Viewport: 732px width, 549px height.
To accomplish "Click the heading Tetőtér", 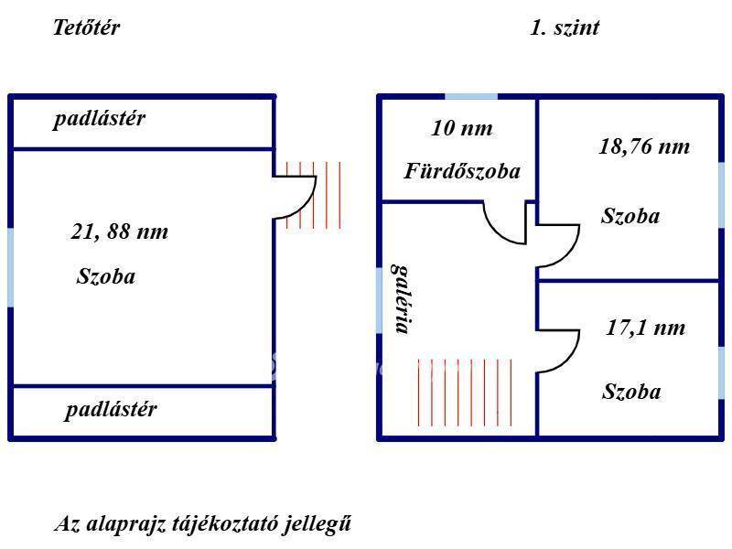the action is pyautogui.click(x=86, y=27).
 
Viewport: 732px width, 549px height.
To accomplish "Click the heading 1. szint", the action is pyautogui.click(x=565, y=27).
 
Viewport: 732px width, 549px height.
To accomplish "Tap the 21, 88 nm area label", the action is pyautogui.click(x=120, y=231).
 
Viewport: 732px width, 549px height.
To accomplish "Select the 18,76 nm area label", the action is pyautogui.click(x=644, y=146).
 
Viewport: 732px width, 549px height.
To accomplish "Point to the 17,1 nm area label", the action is pyautogui.click(x=646, y=328).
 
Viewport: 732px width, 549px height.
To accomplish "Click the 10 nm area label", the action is pyautogui.click(x=462, y=128).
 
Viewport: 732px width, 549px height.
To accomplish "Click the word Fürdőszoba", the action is pyautogui.click(x=462, y=171).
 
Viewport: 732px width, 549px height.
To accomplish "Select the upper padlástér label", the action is pyautogui.click(x=99, y=119).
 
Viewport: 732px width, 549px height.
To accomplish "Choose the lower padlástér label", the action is pyautogui.click(x=111, y=410).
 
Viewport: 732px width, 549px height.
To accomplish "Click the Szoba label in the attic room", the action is pyautogui.click(x=106, y=276).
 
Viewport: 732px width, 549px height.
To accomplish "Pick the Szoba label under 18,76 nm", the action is pyautogui.click(x=630, y=216).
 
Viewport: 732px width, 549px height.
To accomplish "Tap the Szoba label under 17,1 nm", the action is pyautogui.click(x=631, y=392).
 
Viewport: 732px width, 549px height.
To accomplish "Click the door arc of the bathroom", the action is pyautogui.click(x=496, y=232).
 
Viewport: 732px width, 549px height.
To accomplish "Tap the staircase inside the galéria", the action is pyautogui.click(x=465, y=393).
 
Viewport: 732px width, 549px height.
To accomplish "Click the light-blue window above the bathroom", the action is pyautogui.click(x=471, y=97).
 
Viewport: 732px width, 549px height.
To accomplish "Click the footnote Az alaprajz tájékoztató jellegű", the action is pyautogui.click(x=202, y=523).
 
